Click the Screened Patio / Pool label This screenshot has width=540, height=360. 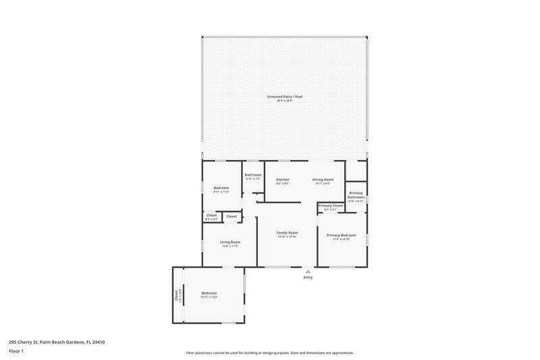pos(284,97)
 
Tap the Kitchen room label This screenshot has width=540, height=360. pos(282,180)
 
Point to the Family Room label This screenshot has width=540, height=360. pos(287,232)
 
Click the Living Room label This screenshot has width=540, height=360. pos(230,242)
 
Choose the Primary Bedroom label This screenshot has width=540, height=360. pos(341,235)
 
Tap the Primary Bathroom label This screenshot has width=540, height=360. pos(356,195)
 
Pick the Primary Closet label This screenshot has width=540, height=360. pos(331,205)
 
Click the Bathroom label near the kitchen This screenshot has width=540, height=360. pos(253,175)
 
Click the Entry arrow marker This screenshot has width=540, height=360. pos(308,271)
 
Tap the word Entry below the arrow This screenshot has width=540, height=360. pos(308,278)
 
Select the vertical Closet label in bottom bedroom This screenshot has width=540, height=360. pos(177,295)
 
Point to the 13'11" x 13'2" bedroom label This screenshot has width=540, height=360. pos(209,297)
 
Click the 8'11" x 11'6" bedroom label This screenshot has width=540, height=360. pos(221,192)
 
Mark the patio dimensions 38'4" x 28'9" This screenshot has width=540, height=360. pos(284,101)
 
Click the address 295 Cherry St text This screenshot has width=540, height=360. pos(57,342)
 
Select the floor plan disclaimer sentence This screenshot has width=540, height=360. pos(270,353)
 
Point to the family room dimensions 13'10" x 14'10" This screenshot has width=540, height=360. pos(287,236)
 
